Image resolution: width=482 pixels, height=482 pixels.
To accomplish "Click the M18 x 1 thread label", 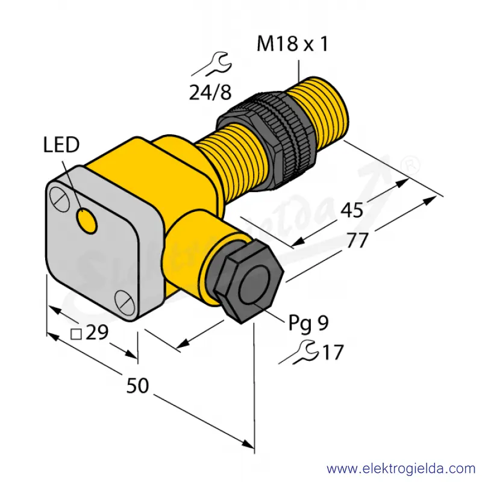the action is [292, 43].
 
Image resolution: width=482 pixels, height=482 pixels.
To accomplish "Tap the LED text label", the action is [61, 145].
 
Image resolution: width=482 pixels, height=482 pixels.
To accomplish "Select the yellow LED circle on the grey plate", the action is [87, 221].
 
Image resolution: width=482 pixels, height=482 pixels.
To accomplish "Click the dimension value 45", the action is [352, 210].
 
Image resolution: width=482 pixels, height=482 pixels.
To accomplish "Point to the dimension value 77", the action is [357, 240].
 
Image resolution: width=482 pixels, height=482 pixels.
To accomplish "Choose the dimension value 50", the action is [137, 386].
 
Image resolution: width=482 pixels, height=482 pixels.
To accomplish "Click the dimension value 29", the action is [97, 333].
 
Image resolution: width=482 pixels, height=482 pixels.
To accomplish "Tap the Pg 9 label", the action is [308, 324].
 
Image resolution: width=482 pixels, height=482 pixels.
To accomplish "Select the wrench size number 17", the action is [333, 352].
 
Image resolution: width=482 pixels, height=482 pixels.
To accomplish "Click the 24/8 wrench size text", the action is [210, 92].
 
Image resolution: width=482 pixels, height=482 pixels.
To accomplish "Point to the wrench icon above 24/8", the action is [212, 64].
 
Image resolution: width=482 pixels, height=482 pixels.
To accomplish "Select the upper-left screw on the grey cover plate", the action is [60, 199].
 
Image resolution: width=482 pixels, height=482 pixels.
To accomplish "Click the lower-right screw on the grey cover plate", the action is [125, 302].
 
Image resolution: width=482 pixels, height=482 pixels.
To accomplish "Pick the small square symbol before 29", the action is [76, 334].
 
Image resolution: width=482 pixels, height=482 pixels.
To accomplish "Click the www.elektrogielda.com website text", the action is [401, 469].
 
